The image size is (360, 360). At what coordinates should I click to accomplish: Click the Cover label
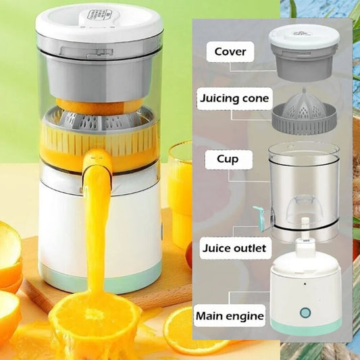[x=230, y=51]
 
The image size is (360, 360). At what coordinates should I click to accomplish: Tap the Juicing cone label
[x=234, y=99]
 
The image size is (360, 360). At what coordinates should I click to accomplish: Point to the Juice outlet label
[x=234, y=248]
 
